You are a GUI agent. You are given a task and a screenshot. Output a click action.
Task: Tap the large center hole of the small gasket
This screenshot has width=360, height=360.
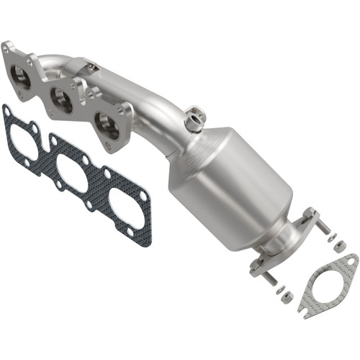click(327, 282)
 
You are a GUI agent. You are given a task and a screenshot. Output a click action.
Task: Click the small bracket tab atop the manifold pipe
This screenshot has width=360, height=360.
click(92, 66)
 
